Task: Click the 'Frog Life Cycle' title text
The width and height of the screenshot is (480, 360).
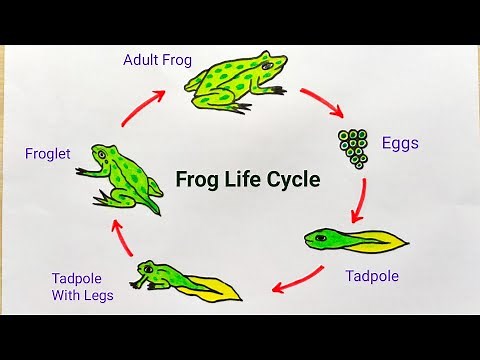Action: coord(248,180)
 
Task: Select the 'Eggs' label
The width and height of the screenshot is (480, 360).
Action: coord(400,143)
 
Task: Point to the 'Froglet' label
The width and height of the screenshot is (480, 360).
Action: coord(48,154)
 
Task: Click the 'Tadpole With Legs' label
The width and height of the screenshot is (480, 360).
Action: coord(84,287)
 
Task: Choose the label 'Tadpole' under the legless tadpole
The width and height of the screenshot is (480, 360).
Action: coord(372,276)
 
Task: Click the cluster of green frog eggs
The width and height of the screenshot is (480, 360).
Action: coord(353,147)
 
